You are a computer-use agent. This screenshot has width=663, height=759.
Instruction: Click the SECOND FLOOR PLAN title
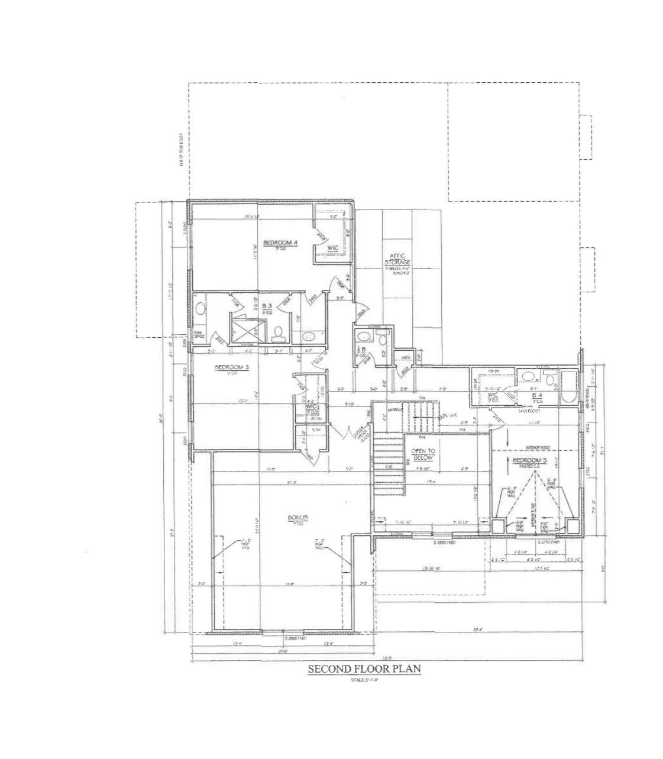pyautogui.click(x=363, y=669)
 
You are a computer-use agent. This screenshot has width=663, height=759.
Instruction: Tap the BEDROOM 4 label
pyautogui.click(x=280, y=243)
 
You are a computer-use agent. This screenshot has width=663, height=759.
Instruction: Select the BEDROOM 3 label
pyautogui.click(x=232, y=367)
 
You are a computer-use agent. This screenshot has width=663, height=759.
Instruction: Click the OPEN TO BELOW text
pyautogui.click(x=423, y=454)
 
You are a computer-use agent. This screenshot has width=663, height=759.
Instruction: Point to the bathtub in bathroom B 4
pyautogui.click(x=570, y=387)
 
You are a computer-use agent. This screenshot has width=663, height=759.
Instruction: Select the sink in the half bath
pyautogui.click(x=363, y=337)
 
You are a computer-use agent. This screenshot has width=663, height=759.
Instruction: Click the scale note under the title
pyautogui.click(x=363, y=680)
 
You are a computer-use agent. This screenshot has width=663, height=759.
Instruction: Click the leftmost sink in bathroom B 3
pyautogui.click(x=200, y=309)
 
